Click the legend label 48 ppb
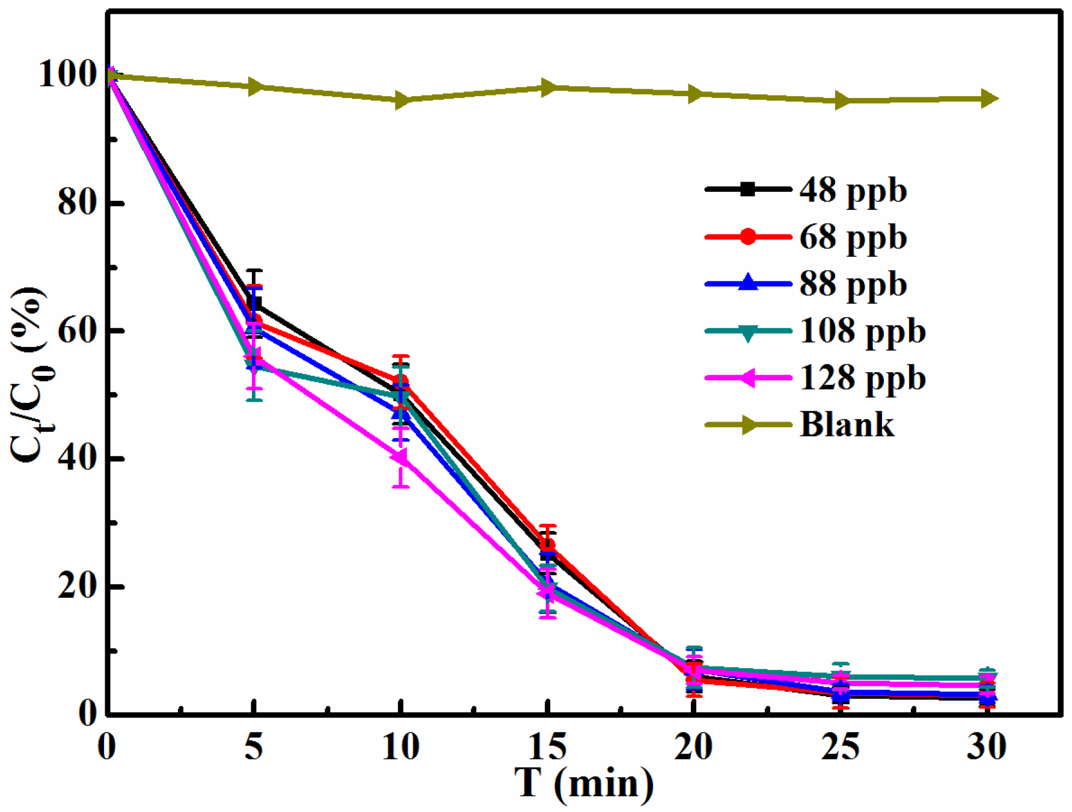[852, 191]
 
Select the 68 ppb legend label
[852, 238]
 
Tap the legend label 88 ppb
[852, 285]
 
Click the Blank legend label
[847, 425]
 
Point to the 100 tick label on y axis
[67, 75]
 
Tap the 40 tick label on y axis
[77, 458]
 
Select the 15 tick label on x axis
[547, 747]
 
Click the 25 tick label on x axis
[841, 747]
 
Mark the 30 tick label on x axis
[987, 747]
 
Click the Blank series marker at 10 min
[402, 100]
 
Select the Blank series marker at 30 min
[988, 99]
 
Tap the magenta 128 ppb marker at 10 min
[399, 458]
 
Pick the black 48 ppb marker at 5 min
[255, 304]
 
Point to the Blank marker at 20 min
[694, 94]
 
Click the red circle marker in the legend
[747, 237]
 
